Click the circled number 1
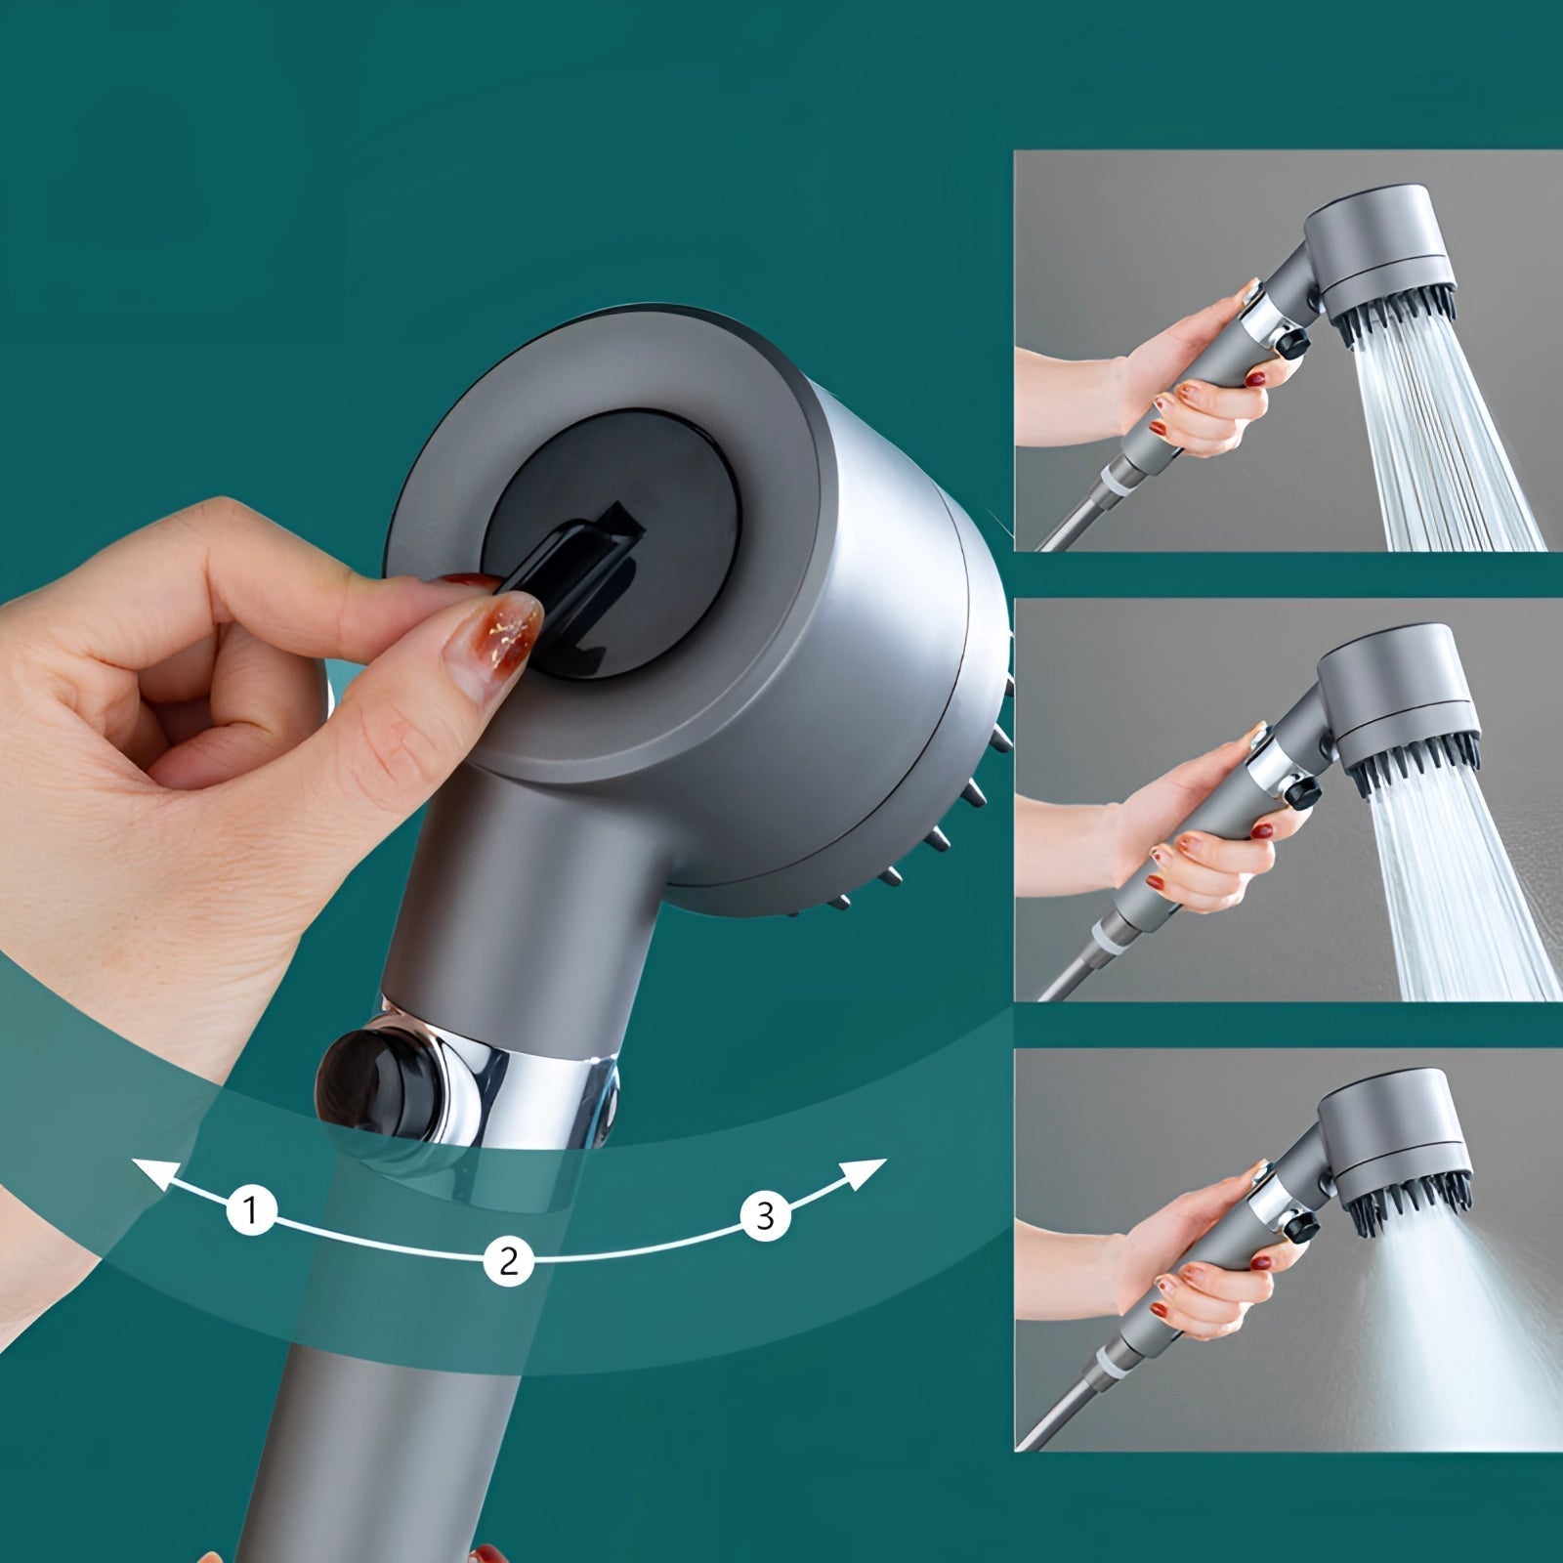pos(251,1211)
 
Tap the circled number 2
pos(508,1260)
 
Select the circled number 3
pos(766,1215)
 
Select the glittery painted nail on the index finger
pos(503,635)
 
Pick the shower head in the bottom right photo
pos(1392,1153)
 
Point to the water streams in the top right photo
pos(1446,440)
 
